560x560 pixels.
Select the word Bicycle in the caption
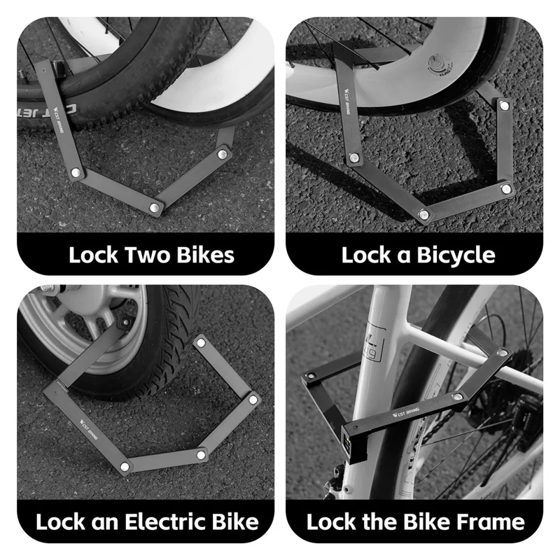456,254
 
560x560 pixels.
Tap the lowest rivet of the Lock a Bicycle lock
423,214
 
